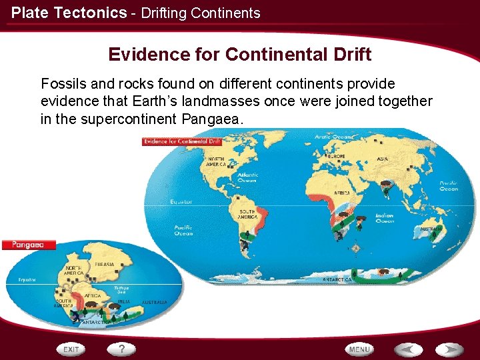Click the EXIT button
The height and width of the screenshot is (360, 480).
tap(72, 349)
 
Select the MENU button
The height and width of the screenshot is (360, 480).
tap(359, 349)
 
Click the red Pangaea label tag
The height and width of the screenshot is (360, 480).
tap(27, 245)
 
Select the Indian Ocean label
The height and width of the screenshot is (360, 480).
tap(385, 218)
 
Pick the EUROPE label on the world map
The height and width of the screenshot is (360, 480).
tap(337, 156)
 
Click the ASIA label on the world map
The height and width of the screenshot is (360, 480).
tap(383, 159)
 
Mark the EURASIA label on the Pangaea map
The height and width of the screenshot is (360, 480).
tap(105, 265)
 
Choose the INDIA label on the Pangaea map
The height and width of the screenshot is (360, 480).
tap(124, 301)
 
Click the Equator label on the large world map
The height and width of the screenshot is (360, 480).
tap(181, 201)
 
